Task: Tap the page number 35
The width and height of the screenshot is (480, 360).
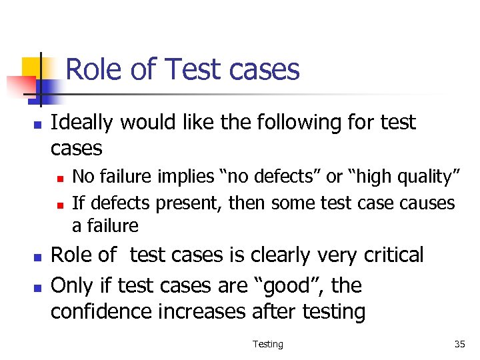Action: (459, 344)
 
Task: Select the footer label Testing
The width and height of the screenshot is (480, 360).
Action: (268, 344)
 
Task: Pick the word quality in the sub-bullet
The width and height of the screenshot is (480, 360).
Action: (423, 177)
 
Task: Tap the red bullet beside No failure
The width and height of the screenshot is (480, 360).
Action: (59, 178)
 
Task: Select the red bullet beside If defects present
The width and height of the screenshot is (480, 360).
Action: (59, 203)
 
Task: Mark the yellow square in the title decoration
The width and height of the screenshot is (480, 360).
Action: (31, 67)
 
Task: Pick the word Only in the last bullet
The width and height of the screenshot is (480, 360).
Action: (71, 286)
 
